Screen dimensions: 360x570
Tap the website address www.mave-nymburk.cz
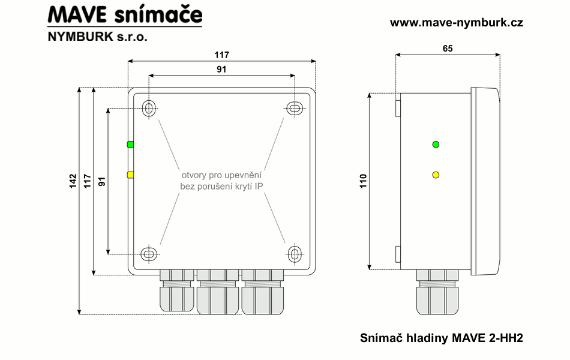(457, 23)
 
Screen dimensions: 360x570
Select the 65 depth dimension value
(448, 49)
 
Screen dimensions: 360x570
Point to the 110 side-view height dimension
(363, 181)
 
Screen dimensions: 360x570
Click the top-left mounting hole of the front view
(149, 109)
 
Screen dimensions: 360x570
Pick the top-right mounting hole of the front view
(294, 108)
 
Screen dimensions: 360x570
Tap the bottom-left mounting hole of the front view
(149, 254)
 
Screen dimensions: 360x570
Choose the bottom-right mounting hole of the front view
(294, 254)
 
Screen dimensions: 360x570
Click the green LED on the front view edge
(130, 145)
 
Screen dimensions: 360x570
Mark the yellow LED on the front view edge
(130, 175)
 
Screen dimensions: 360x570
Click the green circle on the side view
(436, 144)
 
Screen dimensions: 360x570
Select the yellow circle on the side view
(436, 175)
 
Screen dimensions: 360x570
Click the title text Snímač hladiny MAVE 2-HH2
(442, 338)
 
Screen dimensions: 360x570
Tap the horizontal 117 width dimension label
(221, 55)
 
